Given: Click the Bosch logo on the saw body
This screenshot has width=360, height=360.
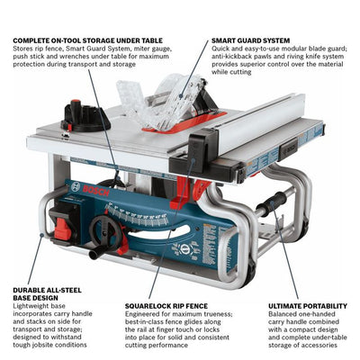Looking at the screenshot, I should point(92,193).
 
